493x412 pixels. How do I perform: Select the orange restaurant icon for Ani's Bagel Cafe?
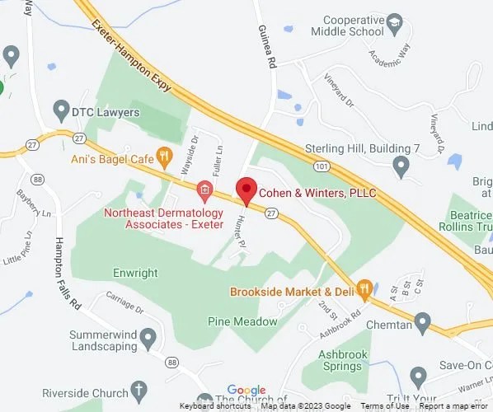(x=165, y=154)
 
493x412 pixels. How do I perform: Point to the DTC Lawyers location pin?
(x=60, y=108)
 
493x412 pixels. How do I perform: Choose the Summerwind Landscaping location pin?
(x=148, y=336)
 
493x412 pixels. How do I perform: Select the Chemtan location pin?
(x=422, y=321)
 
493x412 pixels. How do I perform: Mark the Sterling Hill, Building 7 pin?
(x=401, y=166)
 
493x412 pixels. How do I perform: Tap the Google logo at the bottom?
(x=246, y=390)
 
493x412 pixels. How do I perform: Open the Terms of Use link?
(x=384, y=406)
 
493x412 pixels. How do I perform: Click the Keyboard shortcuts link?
(x=215, y=406)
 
